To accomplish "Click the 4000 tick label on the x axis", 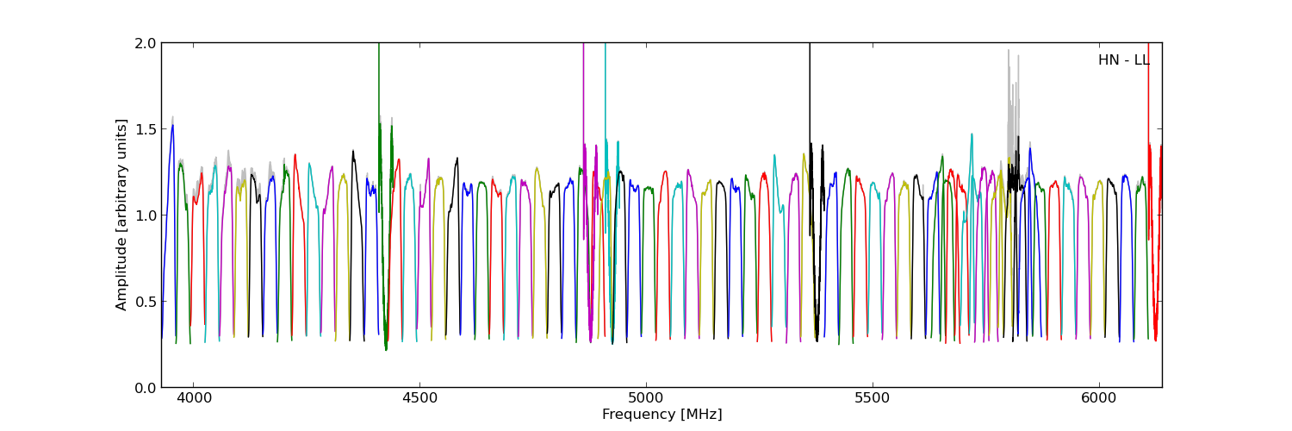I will coord(193,399).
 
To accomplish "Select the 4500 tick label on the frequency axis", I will coord(419,399).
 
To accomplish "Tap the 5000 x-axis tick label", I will coord(646,399).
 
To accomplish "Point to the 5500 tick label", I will coord(873,399).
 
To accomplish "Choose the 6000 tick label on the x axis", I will coord(1099,399).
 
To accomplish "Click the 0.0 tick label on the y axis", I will coord(146,388).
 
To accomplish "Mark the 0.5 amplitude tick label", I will coord(146,302).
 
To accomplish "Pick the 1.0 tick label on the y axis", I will coord(146,215).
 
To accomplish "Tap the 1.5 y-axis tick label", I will coord(146,129).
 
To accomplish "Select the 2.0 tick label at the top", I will coord(146,43).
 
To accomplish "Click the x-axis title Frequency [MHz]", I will coord(662,415).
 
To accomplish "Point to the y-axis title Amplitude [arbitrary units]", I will coord(122,215).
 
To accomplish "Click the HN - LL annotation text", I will coord(1123,60).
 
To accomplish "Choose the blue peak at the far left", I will coord(172,127).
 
